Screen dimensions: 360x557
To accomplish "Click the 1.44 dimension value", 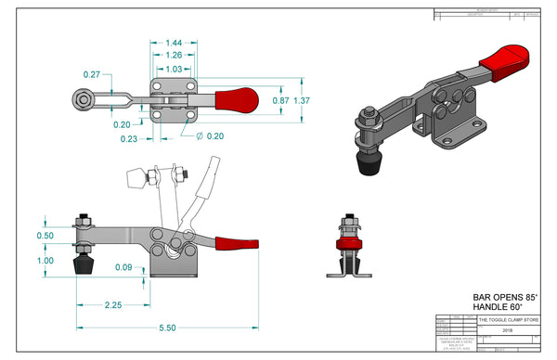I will [x=174, y=44].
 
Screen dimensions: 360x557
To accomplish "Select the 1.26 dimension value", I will [x=174, y=56].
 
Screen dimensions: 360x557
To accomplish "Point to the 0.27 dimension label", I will [x=92, y=74].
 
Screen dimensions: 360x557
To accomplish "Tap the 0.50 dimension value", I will [x=45, y=236].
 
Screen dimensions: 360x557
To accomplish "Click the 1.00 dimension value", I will [x=45, y=261].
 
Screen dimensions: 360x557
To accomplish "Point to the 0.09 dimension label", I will [x=123, y=268].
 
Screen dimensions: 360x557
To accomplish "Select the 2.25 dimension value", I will [x=116, y=304].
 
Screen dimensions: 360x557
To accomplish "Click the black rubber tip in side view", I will [x=84, y=266].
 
